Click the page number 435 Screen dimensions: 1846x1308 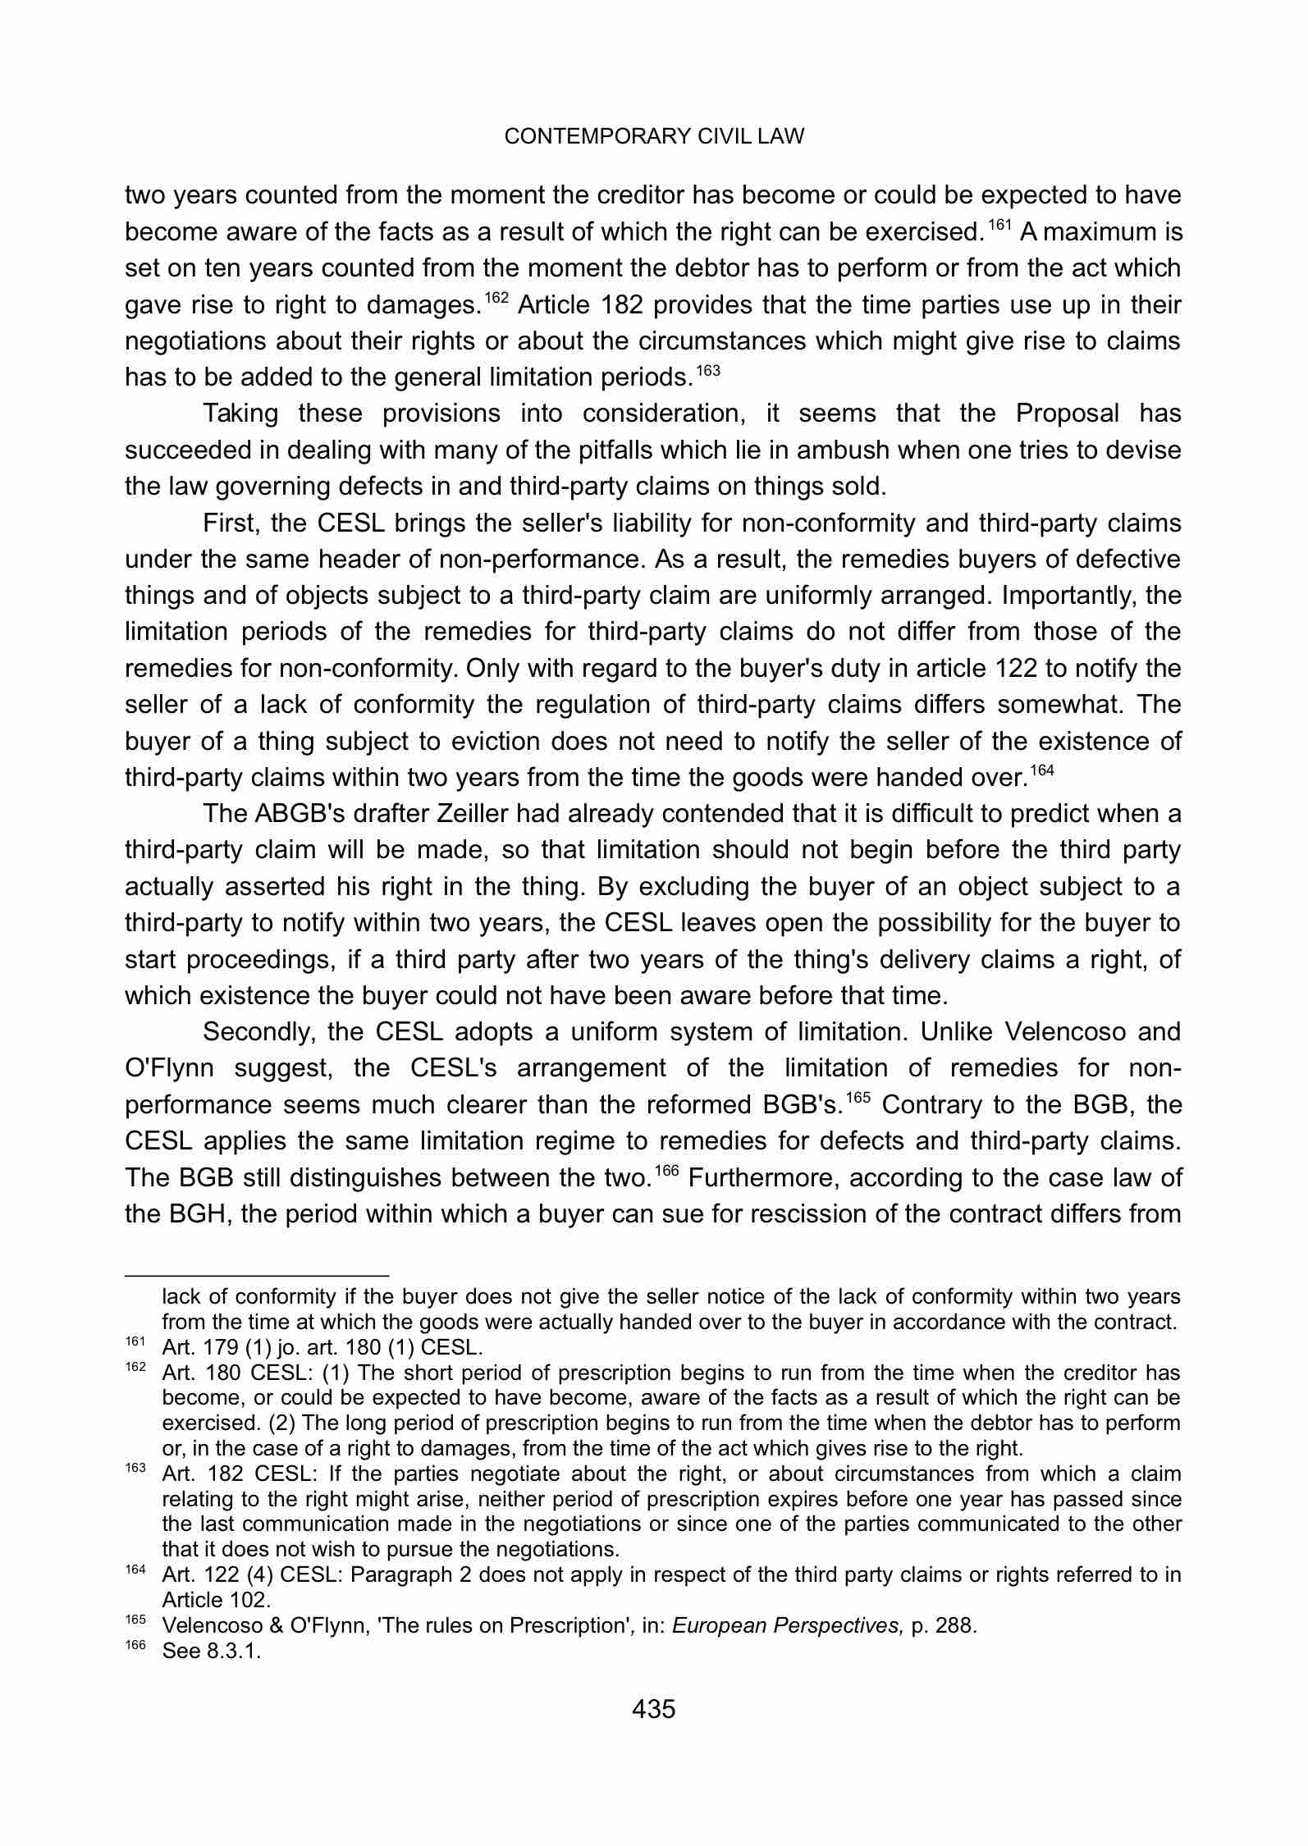tap(653, 1710)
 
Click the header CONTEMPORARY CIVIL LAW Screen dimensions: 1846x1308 tap(654, 137)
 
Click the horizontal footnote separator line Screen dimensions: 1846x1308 tap(256, 1276)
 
